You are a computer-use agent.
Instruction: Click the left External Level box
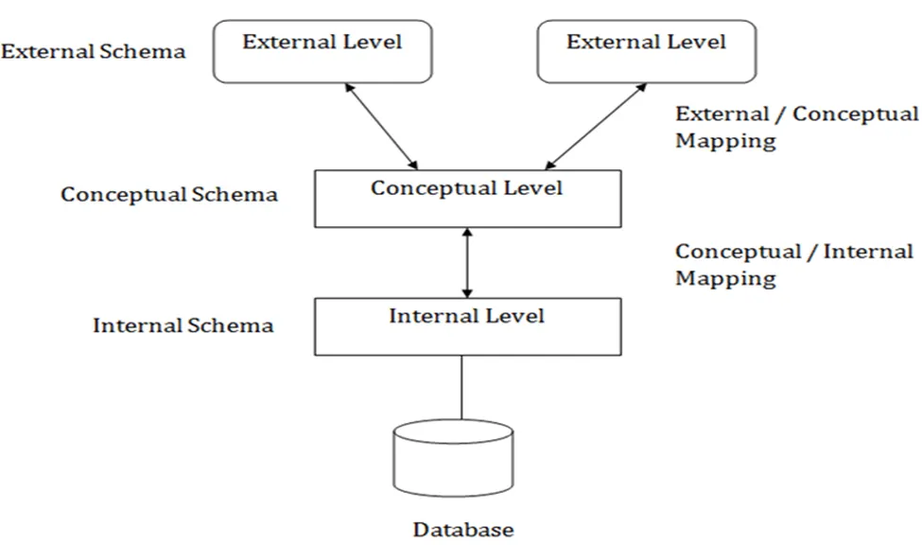(322, 52)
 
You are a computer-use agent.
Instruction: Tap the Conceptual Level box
(467, 199)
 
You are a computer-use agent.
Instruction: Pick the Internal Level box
(467, 326)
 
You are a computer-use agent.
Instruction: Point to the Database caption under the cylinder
(463, 529)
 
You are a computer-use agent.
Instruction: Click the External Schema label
(93, 51)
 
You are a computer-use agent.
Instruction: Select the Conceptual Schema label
(169, 195)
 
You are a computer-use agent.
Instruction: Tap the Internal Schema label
(183, 325)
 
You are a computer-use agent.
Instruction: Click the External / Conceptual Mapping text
(795, 127)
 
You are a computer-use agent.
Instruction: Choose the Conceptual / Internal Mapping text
(793, 265)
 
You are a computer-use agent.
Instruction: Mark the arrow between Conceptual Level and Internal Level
(465, 262)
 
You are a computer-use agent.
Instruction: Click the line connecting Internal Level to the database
(462, 388)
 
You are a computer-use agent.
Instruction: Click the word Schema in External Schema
(150, 51)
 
